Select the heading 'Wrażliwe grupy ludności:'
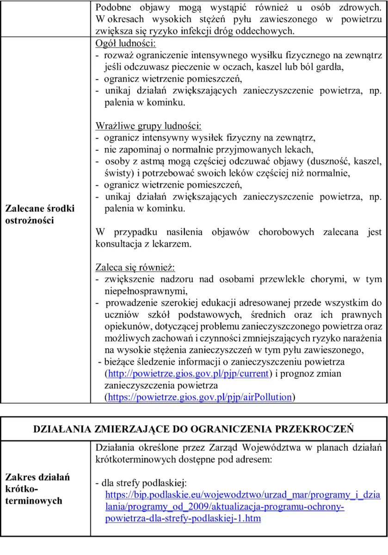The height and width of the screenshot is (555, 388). pos(148,126)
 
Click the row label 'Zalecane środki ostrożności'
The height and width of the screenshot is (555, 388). pos(40,214)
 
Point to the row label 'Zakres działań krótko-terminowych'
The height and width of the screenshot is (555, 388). pos(37,489)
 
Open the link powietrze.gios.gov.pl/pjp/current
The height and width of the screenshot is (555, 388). pos(188,373)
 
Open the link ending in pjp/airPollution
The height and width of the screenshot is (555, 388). pos(200,397)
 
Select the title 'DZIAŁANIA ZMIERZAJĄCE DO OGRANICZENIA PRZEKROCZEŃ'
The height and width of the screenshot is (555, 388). pos(194,429)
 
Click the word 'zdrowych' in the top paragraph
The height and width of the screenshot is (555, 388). pos(360,8)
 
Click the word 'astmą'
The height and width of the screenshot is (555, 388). pos(160,161)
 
